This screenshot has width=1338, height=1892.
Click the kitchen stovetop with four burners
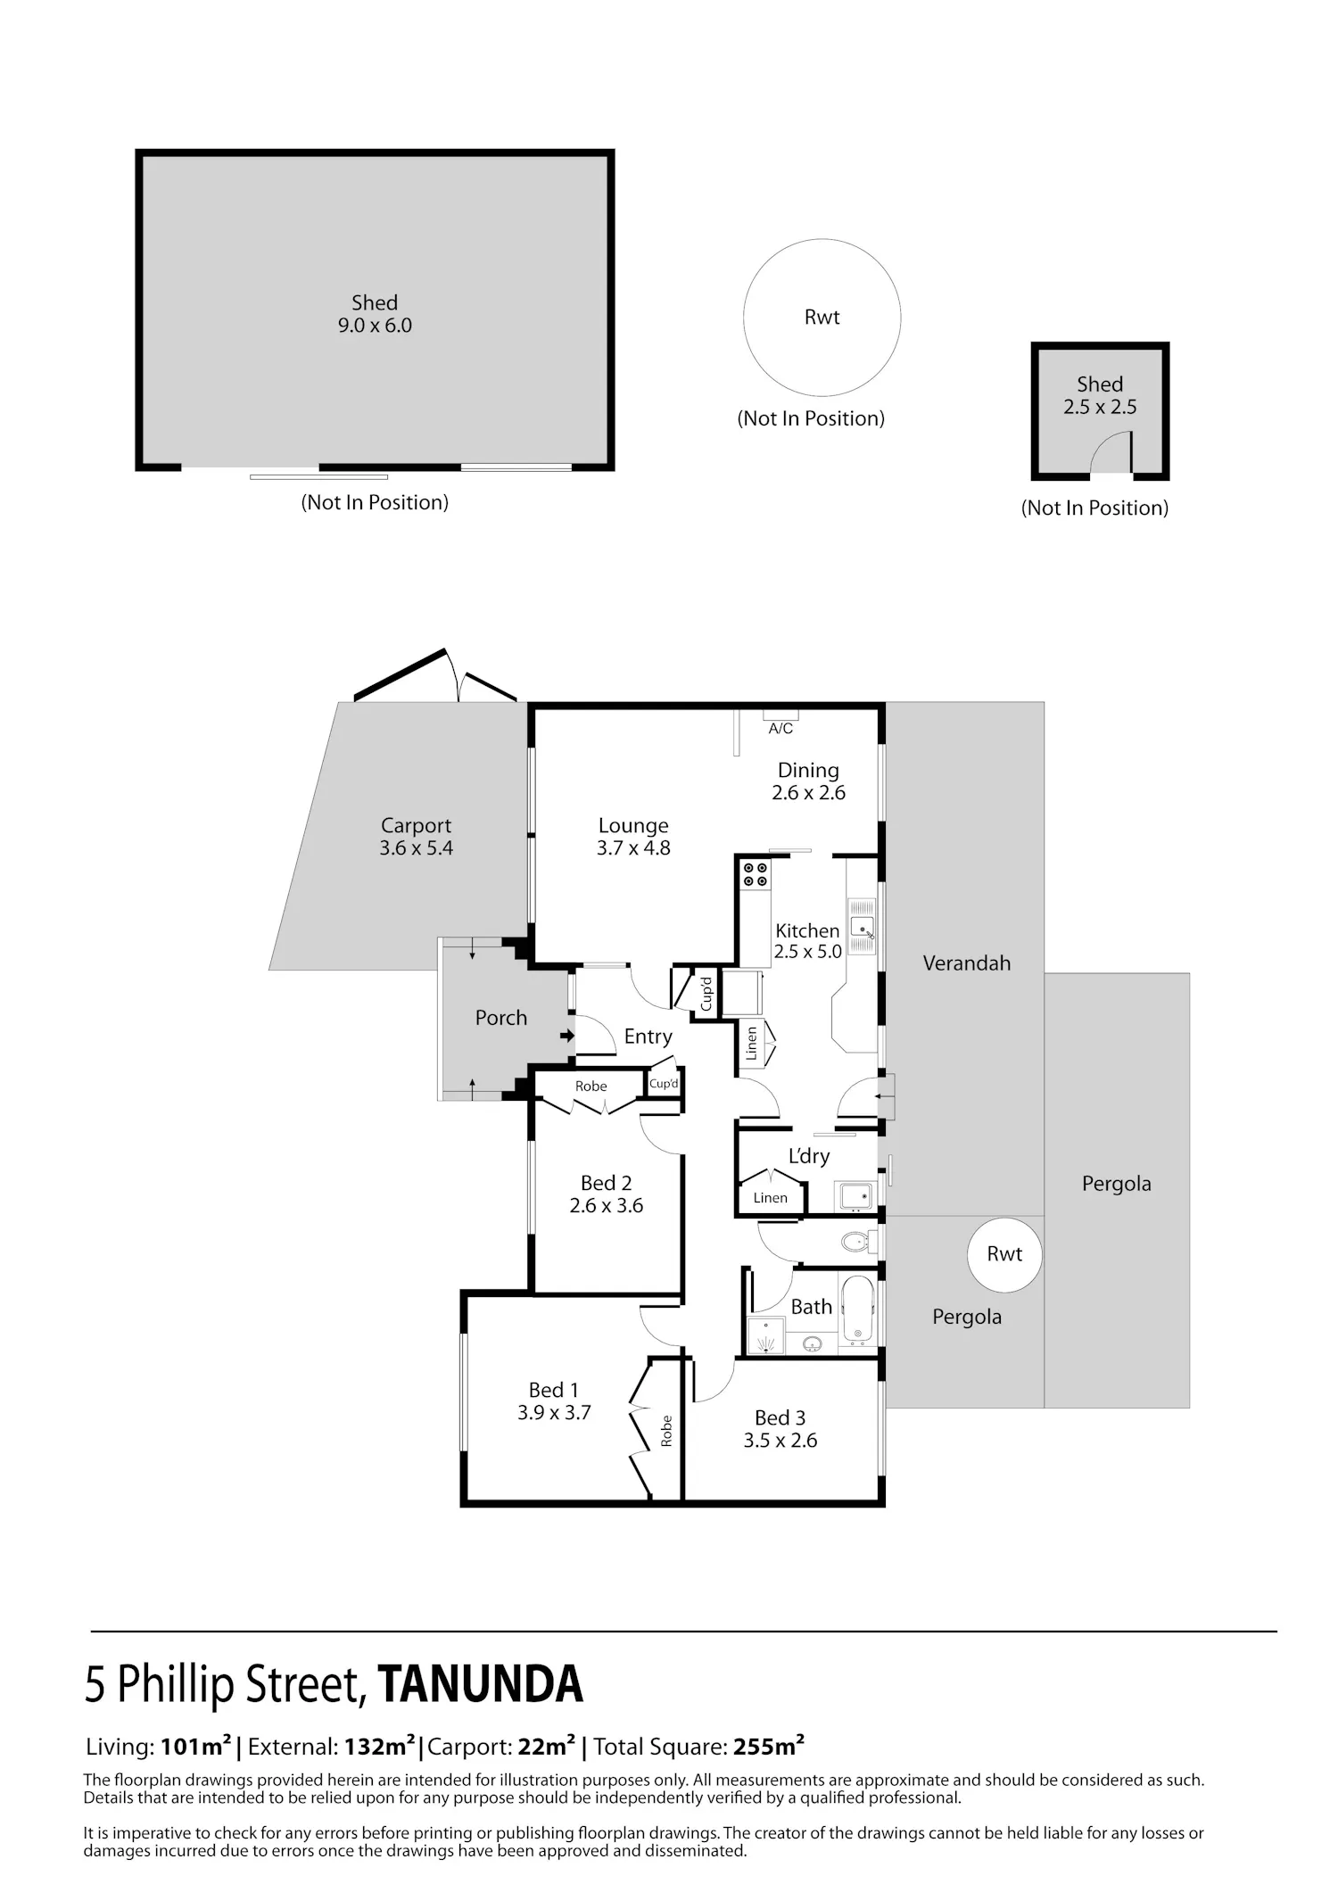756,873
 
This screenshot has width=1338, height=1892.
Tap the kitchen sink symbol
862,926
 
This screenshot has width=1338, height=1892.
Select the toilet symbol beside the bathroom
858,1241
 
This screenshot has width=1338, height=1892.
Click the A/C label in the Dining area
780,729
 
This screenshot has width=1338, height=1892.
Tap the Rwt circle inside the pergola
1004,1254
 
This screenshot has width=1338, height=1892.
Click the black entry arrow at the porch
566,1036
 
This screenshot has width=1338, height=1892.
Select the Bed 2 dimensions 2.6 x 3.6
607,1206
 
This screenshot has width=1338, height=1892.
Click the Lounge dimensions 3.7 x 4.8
633,848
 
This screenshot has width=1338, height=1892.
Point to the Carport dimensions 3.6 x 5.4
417,848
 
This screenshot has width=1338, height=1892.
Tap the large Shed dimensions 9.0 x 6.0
375,326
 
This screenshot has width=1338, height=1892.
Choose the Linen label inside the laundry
770,1198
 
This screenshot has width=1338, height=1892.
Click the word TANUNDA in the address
481,1684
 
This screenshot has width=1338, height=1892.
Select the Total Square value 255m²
769,1747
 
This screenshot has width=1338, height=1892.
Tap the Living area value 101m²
196,1747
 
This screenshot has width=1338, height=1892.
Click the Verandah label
967,963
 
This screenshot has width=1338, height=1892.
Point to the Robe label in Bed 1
666,1431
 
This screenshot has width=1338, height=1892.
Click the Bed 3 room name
780,1417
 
